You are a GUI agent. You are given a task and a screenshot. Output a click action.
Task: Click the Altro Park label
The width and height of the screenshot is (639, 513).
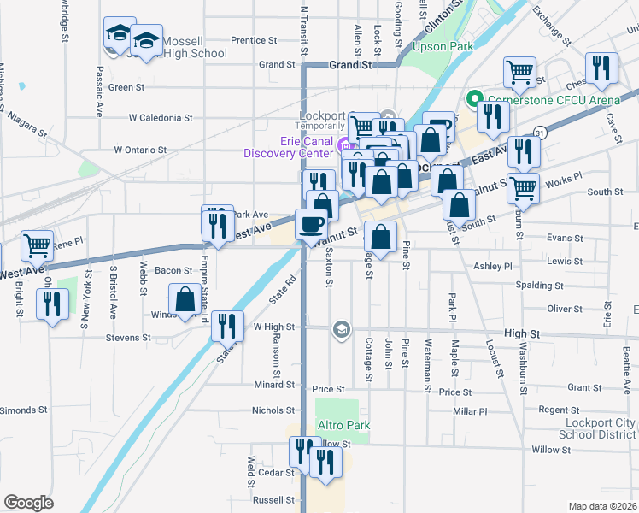point(342,425)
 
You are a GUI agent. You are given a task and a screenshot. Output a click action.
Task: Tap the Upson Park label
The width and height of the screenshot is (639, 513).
point(442,46)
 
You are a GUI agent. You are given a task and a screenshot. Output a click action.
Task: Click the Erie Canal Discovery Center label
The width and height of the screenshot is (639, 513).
point(287,147)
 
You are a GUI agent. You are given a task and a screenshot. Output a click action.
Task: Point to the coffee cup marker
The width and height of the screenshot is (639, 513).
point(310,225)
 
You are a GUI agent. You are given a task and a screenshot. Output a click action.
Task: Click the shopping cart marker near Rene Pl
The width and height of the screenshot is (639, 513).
point(38,246)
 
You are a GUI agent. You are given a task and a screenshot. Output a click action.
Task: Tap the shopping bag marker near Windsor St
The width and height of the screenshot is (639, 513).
point(185,300)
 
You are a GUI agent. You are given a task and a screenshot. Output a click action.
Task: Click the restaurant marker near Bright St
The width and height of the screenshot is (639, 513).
point(53,304)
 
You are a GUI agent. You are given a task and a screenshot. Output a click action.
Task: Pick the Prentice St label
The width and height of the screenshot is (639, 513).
point(254,40)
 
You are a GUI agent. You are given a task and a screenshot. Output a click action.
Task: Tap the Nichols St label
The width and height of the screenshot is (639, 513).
point(273,410)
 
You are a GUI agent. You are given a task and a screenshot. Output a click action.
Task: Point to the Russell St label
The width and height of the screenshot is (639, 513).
point(273,500)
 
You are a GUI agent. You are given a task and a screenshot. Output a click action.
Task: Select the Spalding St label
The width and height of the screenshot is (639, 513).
point(541,285)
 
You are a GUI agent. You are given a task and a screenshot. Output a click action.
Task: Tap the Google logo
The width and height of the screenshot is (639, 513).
point(29,502)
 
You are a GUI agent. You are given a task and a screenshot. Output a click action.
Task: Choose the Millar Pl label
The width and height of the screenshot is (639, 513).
point(470,411)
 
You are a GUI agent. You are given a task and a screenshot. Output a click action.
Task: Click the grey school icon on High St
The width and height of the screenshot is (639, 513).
point(342,330)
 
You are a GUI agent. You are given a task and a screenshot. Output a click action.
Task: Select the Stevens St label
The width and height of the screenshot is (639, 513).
point(128,338)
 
